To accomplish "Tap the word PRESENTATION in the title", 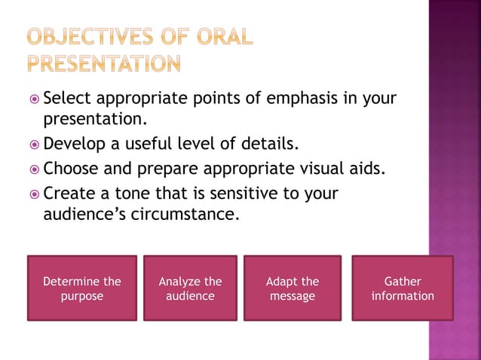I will tap(104, 63).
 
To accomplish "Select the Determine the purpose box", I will tap(82, 288).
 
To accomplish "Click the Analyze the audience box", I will tap(190, 288).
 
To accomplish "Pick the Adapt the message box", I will tap(293, 288).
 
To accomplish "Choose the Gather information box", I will tap(403, 288).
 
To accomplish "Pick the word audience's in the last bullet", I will tap(84, 214).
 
